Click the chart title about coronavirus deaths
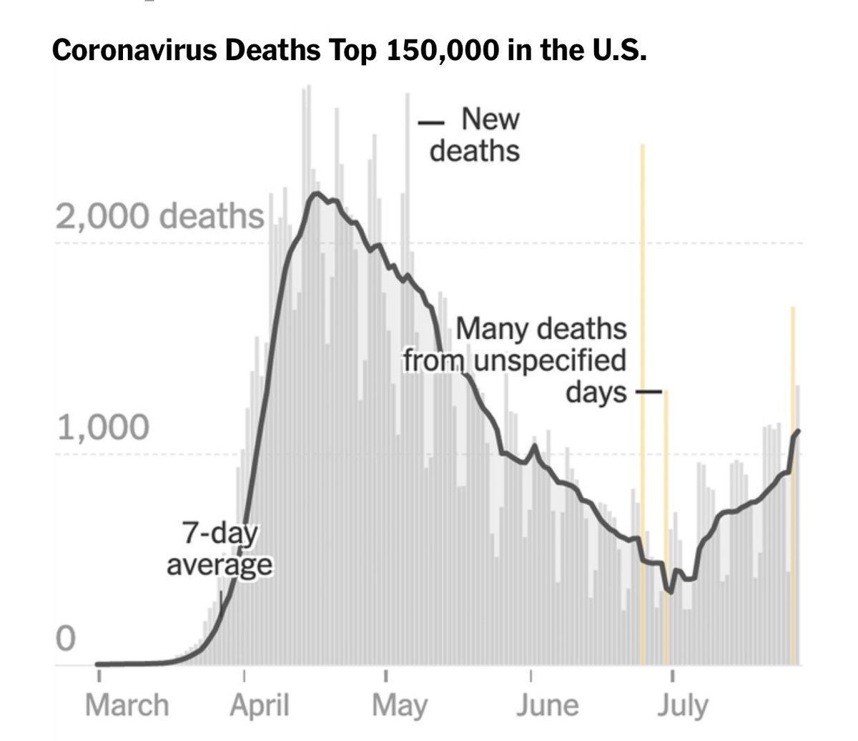coord(350,51)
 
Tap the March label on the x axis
coord(127,705)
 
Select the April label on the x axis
coord(260,705)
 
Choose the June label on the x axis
coord(547,705)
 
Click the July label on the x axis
coord(683,705)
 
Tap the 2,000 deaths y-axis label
coord(159,216)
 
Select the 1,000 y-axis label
coord(103,428)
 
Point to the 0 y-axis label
coord(65,639)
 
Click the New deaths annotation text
coord(475,134)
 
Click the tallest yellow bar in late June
coord(642,401)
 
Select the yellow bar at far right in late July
coord(792,486)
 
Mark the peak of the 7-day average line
coord(317,194)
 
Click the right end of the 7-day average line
coord(798,431)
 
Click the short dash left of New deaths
coord(431,123)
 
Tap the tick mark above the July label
coord(673,675)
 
